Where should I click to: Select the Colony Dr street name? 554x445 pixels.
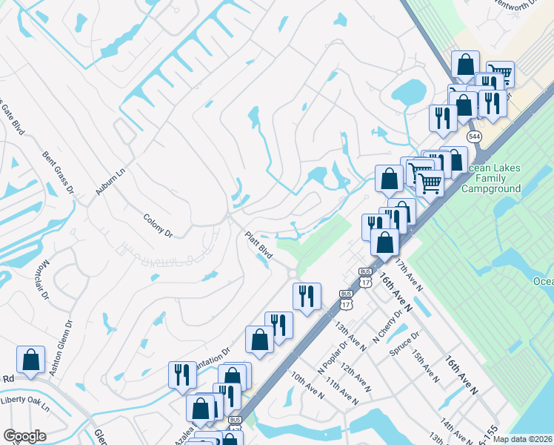(158, 225)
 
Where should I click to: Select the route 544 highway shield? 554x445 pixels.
(475, 137)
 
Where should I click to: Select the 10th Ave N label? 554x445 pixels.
(307, 386)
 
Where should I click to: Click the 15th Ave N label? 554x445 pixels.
(427, 366)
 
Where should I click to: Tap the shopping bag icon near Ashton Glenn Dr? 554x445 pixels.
(31, 360)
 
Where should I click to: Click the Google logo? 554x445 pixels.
(24, 436)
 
